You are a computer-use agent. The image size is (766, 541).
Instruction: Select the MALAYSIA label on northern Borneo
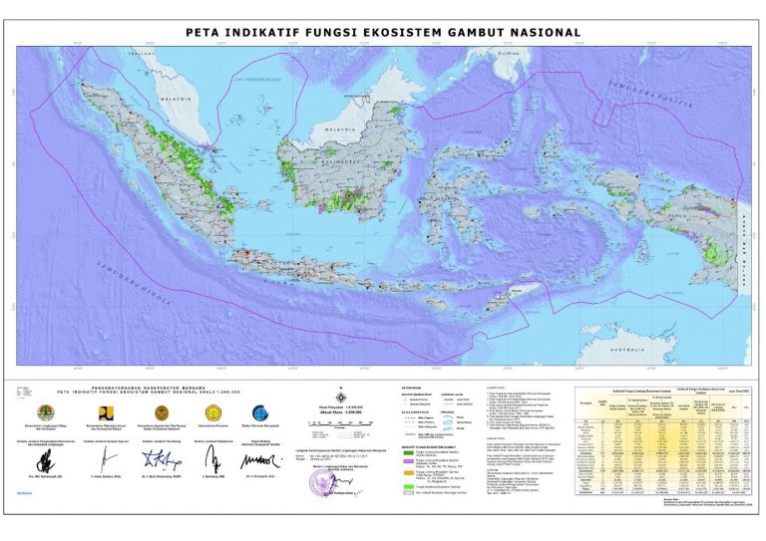click(x=343, y=130)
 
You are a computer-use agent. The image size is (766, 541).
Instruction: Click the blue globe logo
click(x=261, y=412)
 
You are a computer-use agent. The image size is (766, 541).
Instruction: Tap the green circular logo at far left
click(x=43, y=412)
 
